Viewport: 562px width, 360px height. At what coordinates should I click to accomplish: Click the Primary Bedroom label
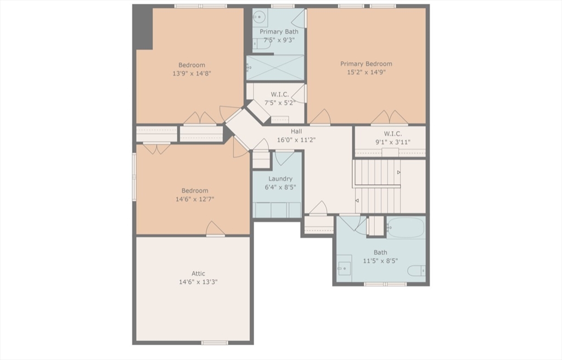click(x=366, y=64)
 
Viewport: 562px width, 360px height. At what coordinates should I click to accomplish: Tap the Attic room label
click(x=198, y=274)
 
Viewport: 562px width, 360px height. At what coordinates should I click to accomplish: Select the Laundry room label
click(x=280, y=179)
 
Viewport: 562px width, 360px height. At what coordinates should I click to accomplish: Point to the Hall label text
click(x=296, y=131)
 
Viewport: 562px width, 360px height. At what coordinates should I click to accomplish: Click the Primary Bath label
click(x=279, y=31)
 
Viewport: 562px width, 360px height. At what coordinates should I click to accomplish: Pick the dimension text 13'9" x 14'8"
click(x=192, y=74)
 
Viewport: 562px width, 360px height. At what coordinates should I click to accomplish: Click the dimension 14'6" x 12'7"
click(x=195, y=199)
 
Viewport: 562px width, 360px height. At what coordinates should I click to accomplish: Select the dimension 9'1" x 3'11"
click(x=393, y=142)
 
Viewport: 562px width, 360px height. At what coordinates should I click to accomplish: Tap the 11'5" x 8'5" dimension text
click(x=380, y=261)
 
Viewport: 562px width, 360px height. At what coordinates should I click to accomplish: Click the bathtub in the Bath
click(x=406, y=227)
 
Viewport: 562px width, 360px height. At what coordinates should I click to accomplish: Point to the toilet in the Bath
click(x=417, y=271)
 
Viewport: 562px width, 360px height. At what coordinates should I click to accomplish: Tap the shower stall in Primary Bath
click(x=275, y=67)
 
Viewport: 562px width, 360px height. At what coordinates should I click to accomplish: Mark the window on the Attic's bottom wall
click(x=215, y=343)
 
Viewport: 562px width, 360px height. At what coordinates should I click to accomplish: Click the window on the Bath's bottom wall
click(x=385, y=284)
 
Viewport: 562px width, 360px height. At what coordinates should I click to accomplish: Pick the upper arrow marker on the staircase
click(x=398, y=172)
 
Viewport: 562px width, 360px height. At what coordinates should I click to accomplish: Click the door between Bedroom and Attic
click(x=215, y=229)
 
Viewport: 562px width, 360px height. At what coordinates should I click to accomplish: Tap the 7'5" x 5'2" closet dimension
click(x=280, y=103)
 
